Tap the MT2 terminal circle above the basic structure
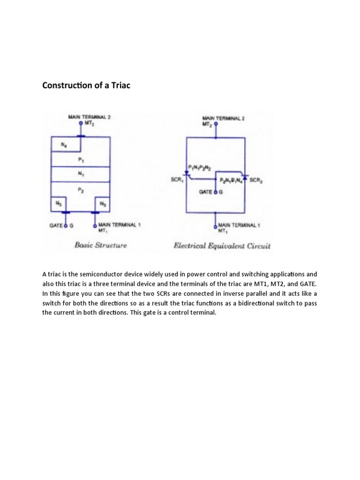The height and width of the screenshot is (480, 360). click(81, 123)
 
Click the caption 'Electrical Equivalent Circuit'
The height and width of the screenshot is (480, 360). click(222, 245)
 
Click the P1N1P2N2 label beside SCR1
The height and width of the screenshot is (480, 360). click(199, 168)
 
